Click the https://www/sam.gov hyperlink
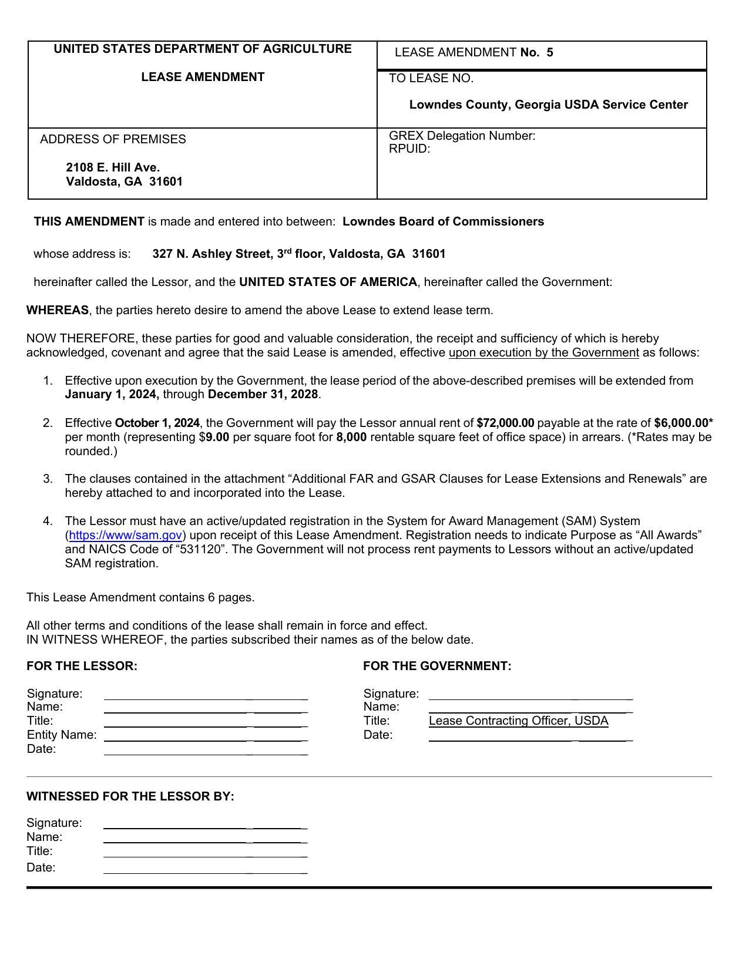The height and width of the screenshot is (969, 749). tap(125, 535)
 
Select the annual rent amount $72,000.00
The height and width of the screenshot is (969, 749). tap(505, 423)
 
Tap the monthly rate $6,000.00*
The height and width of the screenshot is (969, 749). tap(683, 423)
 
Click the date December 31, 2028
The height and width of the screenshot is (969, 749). tap(263, 394)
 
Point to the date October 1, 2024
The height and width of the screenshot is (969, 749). tap(157, 423)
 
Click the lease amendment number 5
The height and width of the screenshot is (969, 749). tap(549, 52)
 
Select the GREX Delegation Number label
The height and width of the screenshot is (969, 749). tap(462, 136)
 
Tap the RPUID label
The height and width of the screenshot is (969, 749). tap(409, 149)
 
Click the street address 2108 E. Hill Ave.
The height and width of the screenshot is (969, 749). tap(113, 167)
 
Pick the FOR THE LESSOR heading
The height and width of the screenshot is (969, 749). tap(82, 666)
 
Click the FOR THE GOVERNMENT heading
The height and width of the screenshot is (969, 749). tap(437, 666)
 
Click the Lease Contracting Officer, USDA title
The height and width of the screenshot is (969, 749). tap(518, 721)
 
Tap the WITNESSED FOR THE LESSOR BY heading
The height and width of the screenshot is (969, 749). tap(130, 796)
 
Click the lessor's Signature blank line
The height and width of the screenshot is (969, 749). tap(206, 697)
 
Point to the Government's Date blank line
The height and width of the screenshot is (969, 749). tap(530, 739)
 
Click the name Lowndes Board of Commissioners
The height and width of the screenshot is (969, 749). tap(443, 221)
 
